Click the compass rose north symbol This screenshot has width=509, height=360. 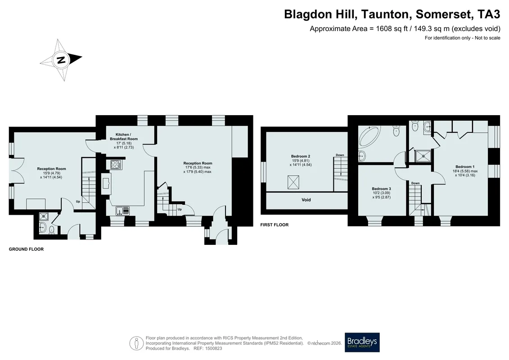61,60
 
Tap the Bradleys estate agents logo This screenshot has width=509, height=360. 362,342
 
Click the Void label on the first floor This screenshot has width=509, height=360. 306,200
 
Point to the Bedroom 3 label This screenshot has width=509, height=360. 382,189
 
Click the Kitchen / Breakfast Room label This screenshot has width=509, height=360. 124,137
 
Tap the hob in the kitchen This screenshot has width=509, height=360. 116,165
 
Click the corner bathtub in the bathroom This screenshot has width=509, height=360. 369,137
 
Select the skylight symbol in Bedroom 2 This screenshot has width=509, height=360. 293,182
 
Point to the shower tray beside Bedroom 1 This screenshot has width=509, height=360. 423,156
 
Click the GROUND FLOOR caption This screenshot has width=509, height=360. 26,249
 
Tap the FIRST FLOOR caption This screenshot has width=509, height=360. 274,225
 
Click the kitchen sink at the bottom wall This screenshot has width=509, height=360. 122,211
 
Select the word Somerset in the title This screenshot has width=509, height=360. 443,14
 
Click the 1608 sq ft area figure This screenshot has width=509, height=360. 392,28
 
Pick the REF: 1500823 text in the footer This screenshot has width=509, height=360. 208,348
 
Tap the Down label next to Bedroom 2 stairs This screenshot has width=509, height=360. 340,155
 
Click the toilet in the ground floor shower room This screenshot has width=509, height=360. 52,230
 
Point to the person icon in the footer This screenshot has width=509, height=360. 137,343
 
